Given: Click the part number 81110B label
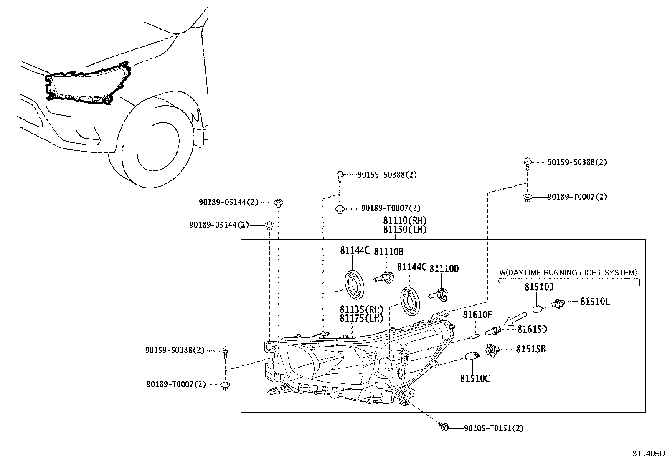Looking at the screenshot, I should click(388, 251).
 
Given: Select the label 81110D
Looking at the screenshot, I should click(444, 269).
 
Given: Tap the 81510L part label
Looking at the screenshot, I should click(595, 302).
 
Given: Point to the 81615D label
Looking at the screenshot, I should click(532, 330).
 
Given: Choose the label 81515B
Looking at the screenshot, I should click(530, 349).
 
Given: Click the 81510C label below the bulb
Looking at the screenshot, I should click(475, 379).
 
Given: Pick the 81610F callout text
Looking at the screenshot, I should click(477, 314).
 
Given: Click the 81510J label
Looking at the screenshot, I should click(539, 287).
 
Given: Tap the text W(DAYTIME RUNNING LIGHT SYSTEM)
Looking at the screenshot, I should click(568, 273).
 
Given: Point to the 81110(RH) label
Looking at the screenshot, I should click(405, 221).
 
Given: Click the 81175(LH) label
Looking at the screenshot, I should click(361, 318).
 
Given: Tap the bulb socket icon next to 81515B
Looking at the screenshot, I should click(492, 349).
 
